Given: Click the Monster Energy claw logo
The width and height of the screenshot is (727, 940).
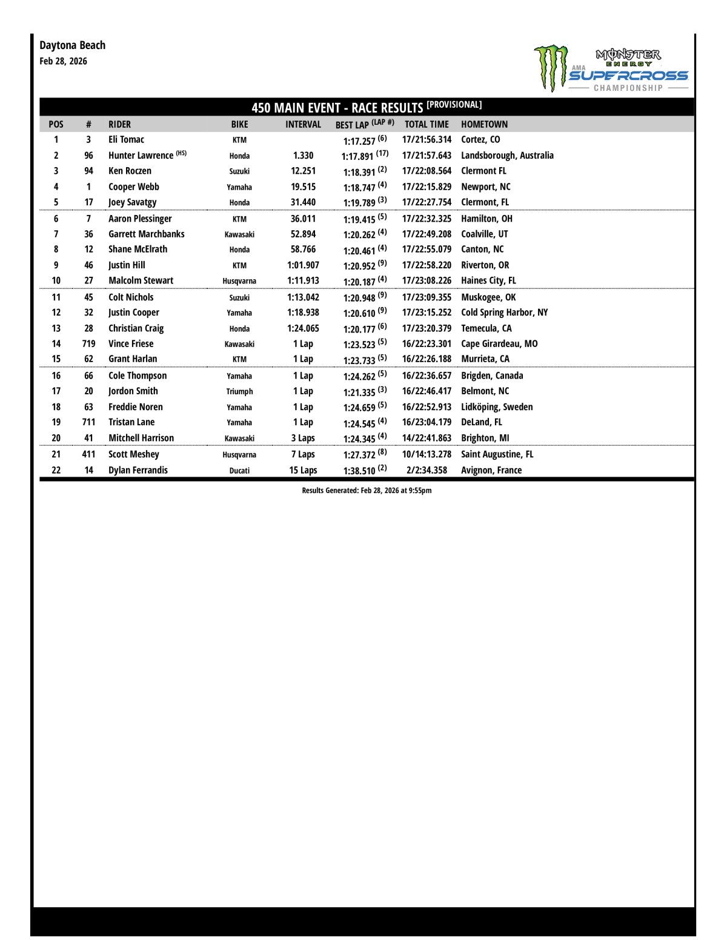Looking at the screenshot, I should pyautogui.click(x=551, y=67).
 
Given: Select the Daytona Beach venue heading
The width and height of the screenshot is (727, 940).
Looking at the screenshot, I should pyautogui.click(x=72, y=45).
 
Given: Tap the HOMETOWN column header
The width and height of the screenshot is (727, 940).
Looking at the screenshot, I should pyautogui.click(x=484, y=124).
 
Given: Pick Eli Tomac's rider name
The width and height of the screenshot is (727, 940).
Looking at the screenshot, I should pyautogui.click(x=126, y=140).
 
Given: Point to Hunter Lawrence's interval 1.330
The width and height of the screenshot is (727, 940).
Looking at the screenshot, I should pyautogui.click(x=303, y=156).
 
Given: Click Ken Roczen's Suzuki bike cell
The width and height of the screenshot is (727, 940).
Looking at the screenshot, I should pyautogui.click(x=239, y=171).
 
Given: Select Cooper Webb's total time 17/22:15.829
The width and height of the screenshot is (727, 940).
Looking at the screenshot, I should pyautogui.click(x=427, y=187).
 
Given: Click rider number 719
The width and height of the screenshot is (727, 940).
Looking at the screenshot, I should pyautogui.click(x=88, y=344).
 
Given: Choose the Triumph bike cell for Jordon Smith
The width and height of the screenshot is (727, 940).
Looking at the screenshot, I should pyautogui.click(x=239, y=392).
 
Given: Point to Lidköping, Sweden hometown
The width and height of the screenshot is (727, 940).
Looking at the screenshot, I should pyautogui.click(x=497, y=407).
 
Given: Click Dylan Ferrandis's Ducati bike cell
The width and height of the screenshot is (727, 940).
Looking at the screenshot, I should pyautogui.click(x=239, y=471).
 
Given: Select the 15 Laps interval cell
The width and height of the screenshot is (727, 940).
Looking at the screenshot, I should pyautogui.click(x=303, y=471).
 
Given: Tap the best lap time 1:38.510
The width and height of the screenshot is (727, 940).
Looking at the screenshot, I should pyautogui.click(x=359, y=471).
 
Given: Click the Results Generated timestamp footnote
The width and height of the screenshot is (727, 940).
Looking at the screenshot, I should pyautogui.click(x=367, y=491).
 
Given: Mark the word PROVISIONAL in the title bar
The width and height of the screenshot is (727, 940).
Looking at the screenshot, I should pyautogui.click(x=454, y=105).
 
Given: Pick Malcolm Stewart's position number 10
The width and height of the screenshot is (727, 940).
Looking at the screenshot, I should pyautogui.click(x=56, y=281).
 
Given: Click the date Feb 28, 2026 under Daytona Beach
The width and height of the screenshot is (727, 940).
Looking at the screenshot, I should pyautogui.click(x=63, y=61).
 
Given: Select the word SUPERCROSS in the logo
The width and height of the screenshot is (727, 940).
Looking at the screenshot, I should pyautogui.click(x=628, y=76).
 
